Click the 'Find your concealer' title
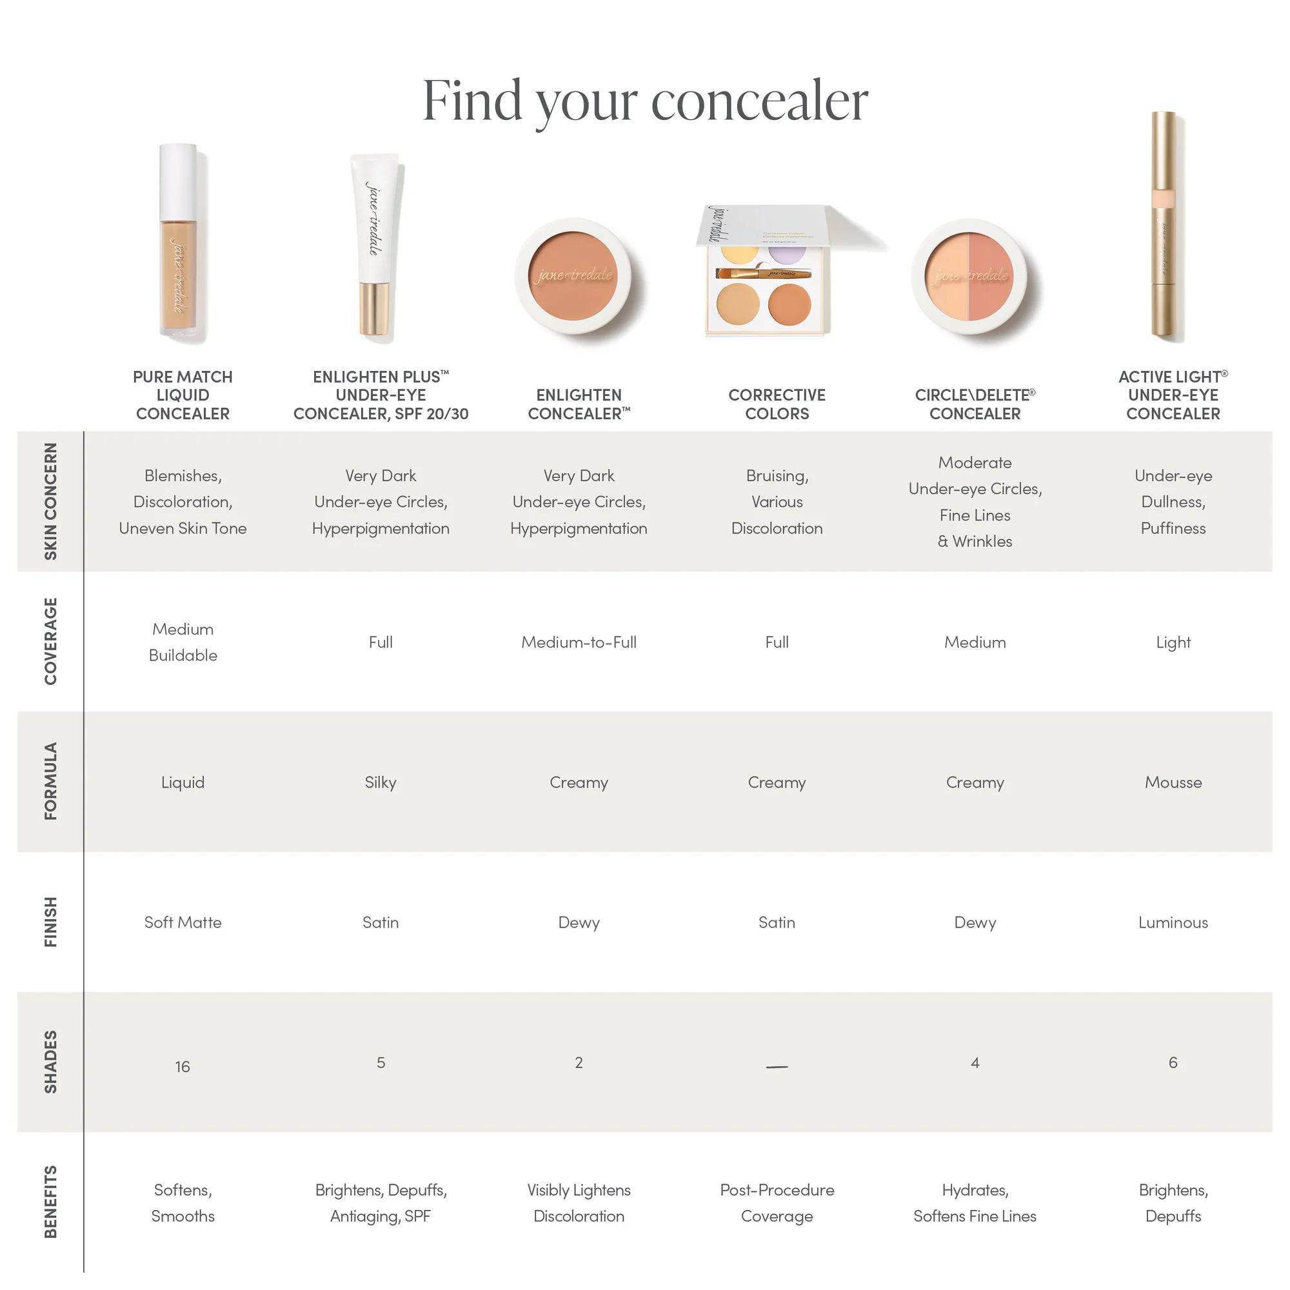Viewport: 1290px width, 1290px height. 645,101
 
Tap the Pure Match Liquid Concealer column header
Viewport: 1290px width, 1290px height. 183,395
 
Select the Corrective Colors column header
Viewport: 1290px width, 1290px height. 777,404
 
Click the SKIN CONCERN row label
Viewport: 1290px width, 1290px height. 51,501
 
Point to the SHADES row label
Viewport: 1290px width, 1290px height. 51,1062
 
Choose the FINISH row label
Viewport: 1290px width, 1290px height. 51,922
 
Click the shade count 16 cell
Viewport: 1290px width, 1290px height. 183,1066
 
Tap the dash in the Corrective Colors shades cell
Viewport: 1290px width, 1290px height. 777,1067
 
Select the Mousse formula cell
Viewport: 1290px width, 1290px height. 1173,782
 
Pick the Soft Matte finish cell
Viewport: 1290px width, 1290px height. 183,922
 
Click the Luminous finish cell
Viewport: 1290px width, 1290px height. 1173,922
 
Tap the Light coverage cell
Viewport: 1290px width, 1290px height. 1173,642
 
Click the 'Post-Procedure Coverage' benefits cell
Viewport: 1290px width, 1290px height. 777,1202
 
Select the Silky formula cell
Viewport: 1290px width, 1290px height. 381,782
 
